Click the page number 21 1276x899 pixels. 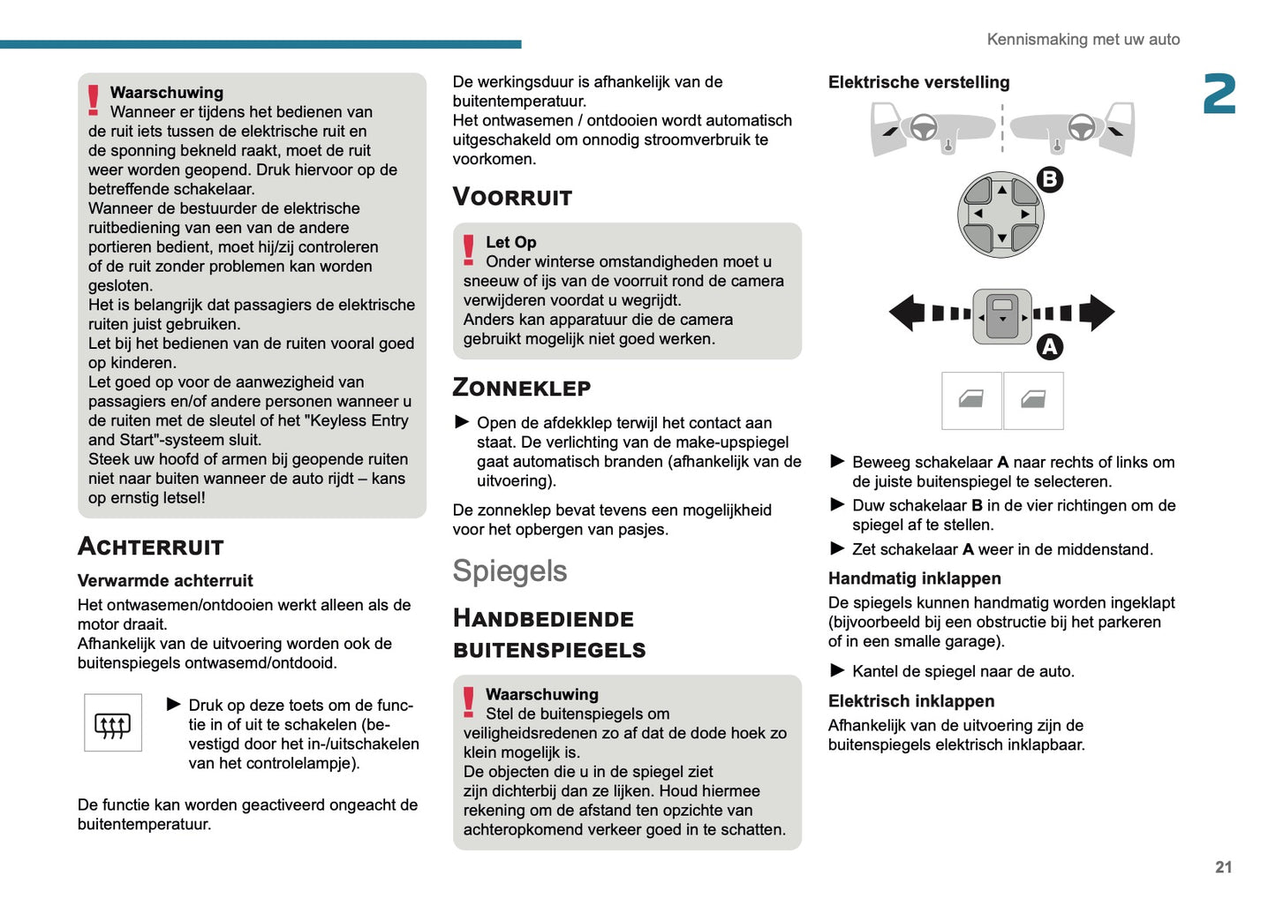[1223, 867]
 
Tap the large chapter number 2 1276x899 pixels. [1219, 94]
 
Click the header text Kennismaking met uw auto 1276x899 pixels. [1083, 40]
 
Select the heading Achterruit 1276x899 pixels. [151, 547]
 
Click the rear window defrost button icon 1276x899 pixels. [112, 723]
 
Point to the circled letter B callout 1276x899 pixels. [1049, 180]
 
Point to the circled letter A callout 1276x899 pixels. [1049, 347]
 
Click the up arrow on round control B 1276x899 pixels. [1001, 190]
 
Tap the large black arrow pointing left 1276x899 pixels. [906, 313]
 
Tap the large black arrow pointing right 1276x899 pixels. [1097, 313]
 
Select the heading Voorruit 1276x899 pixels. [512, 197]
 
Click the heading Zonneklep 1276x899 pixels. [521, 388]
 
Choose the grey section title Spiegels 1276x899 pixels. [510, 571]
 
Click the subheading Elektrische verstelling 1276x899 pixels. [918, 82]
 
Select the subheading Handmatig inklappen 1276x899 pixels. [914, 578]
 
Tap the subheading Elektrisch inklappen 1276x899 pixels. [910, 701]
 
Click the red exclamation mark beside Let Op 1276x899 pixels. [469, 250]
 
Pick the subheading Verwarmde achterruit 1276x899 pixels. [165, 580]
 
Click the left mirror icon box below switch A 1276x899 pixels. [971, 401]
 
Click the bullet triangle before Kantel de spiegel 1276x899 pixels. [837, 670]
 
